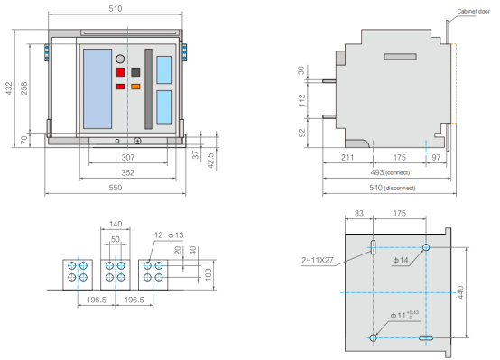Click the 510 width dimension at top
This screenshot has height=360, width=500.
[116, 9]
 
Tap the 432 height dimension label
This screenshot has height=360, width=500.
[9, 88]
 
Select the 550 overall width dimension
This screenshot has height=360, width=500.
[116, 188]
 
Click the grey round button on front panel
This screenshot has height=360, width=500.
[120, 59]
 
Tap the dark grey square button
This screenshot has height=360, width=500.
[135, 72]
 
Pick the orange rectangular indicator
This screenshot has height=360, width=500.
[135, 87]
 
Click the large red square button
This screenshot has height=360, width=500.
[120, 72]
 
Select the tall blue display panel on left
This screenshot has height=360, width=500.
[97, 88]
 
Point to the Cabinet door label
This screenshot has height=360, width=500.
[473, 11]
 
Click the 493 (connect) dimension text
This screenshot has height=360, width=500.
[390, 172]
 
